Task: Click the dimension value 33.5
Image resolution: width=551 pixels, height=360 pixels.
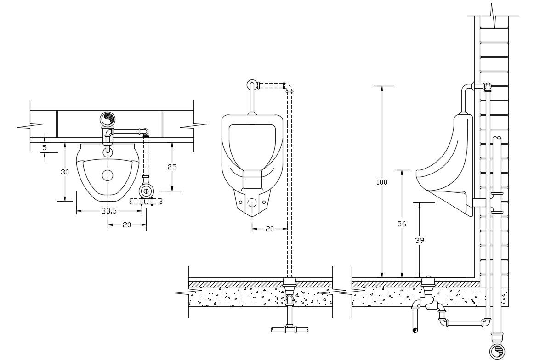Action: tap(109, 211)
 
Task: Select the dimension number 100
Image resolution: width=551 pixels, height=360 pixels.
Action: tap(382, 182)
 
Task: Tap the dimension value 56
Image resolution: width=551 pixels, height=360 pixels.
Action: tap(402, 224)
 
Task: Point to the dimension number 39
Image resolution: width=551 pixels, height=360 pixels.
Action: tap(419, 240)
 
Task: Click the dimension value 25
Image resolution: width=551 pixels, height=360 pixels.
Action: tap(172, 167)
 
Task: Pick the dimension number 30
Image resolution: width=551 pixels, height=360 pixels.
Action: tap(65, 172)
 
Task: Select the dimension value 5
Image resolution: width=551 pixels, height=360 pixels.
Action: tap(45, 148)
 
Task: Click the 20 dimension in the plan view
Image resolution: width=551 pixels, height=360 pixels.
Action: tap(127, 225)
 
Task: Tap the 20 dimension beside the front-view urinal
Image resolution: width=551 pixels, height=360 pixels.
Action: tap(270, 229)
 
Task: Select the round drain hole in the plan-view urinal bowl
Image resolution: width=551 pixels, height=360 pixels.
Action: tap(108, 175)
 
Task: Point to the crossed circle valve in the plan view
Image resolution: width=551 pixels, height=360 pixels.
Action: tap(146, 191)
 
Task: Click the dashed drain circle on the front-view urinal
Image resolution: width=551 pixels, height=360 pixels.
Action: tap(252, 202)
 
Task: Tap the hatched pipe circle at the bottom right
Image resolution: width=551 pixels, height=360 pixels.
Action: tap(496, 352)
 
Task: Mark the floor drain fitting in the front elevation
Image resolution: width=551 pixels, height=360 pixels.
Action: tap(289, 281)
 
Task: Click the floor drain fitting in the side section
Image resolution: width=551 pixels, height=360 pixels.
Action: tap(428, 281)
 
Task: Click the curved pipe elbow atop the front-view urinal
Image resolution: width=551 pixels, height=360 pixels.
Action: tap(252, 85)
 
